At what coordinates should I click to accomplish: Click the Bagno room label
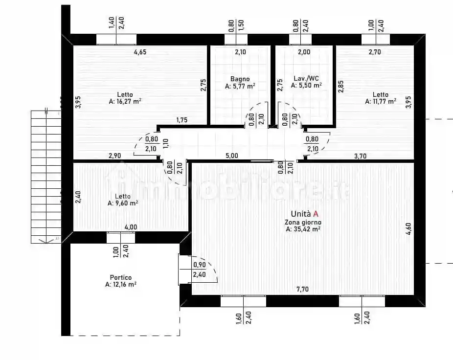240,79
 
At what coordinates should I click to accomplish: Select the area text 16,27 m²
125,102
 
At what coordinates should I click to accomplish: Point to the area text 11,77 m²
380,102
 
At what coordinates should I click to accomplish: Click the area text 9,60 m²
123,203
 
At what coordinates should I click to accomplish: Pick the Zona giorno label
303,222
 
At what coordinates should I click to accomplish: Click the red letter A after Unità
316,214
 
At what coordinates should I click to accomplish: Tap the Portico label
120,277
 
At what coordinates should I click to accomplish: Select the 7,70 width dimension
302,289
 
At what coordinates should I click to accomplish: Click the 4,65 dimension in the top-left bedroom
141,51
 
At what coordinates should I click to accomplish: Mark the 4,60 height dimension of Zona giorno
408,229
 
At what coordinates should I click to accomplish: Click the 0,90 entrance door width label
199,265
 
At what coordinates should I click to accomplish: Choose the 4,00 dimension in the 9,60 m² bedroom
131,227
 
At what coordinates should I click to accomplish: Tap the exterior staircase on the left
45,176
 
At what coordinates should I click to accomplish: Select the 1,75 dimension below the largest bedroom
181,120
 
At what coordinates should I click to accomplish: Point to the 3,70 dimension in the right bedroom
361,156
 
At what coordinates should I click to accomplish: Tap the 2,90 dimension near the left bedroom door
115,156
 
